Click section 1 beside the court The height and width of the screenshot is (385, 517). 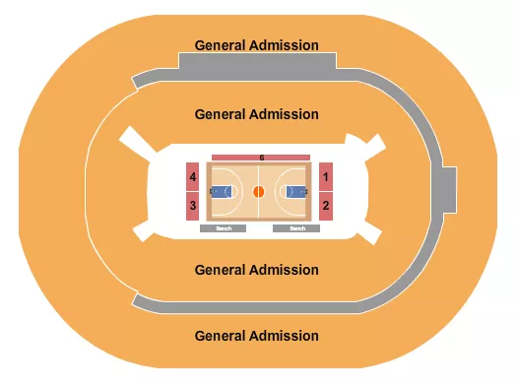(x=325, y=177)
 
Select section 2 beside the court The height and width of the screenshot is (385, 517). (x=325, y=206)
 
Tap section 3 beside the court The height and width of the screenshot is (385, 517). (x=193, y=206)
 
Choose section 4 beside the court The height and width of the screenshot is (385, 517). (x=193, y=177)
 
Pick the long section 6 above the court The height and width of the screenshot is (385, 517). (x=261, y=158)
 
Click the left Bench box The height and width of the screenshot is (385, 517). (x=223, y=228)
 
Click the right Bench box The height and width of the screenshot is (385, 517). (x=296, y=228)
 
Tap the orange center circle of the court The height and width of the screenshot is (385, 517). (x=259, y=192)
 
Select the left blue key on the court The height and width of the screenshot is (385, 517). (x=222, y=192)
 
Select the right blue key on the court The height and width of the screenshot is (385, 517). (x=295, y=192)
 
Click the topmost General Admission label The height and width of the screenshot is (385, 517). (x=257, y=45)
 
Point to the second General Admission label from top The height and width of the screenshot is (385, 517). (x=257, y=114)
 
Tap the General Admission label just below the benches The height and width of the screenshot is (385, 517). (x=257, y=270)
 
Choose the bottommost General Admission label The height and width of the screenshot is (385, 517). (x=257, y=336)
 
